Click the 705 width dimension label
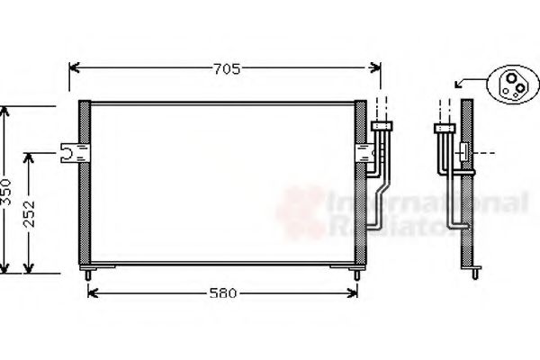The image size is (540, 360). coord(226,67)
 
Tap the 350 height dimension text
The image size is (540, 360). coord(8,191)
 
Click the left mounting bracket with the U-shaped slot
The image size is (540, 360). coord(68,154)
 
